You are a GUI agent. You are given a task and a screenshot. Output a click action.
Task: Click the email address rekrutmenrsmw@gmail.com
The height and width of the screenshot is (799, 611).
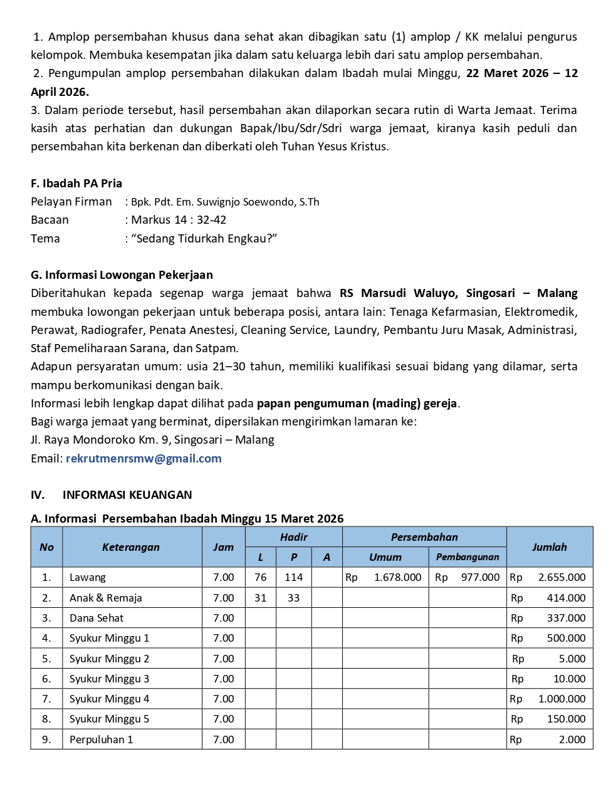coord(144,459)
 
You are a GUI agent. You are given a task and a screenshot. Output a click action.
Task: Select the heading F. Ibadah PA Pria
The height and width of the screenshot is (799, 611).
coord(76,184)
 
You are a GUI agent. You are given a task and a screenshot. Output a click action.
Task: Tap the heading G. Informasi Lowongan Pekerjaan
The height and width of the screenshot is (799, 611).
coord(122,275)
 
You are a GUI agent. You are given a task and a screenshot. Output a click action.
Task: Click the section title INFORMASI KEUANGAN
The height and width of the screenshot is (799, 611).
coord(127,495)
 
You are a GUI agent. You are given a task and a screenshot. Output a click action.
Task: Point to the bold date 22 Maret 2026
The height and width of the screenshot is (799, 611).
coord(508,73)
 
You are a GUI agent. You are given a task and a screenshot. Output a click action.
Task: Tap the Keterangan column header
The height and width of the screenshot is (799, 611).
coord(131,547)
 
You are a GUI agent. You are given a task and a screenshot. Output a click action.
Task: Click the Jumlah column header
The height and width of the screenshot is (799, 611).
coord(549,547)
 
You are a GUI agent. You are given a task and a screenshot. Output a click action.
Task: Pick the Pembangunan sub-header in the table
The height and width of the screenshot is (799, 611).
coord(467,557)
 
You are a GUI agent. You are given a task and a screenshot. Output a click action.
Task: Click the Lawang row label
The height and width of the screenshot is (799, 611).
coord(88,578)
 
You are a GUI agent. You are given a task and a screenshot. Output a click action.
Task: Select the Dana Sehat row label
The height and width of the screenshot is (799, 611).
coord(97,618)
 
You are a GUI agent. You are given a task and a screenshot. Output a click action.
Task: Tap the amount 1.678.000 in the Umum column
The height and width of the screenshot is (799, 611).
coord(397,578)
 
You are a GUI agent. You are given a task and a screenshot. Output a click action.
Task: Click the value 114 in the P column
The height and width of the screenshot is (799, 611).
coord(293,578)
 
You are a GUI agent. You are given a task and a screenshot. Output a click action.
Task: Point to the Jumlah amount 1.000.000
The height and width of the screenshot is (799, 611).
coord(561,699)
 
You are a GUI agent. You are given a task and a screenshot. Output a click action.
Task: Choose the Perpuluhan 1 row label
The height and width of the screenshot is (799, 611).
coord(102,739)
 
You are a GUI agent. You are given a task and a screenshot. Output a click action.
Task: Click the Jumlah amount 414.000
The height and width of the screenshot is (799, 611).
coord(566,598)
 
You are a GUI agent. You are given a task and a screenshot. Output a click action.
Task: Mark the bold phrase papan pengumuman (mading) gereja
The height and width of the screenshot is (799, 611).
coord(357,404)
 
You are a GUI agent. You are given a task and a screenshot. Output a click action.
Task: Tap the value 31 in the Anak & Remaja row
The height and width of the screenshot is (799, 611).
coord(261,598)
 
